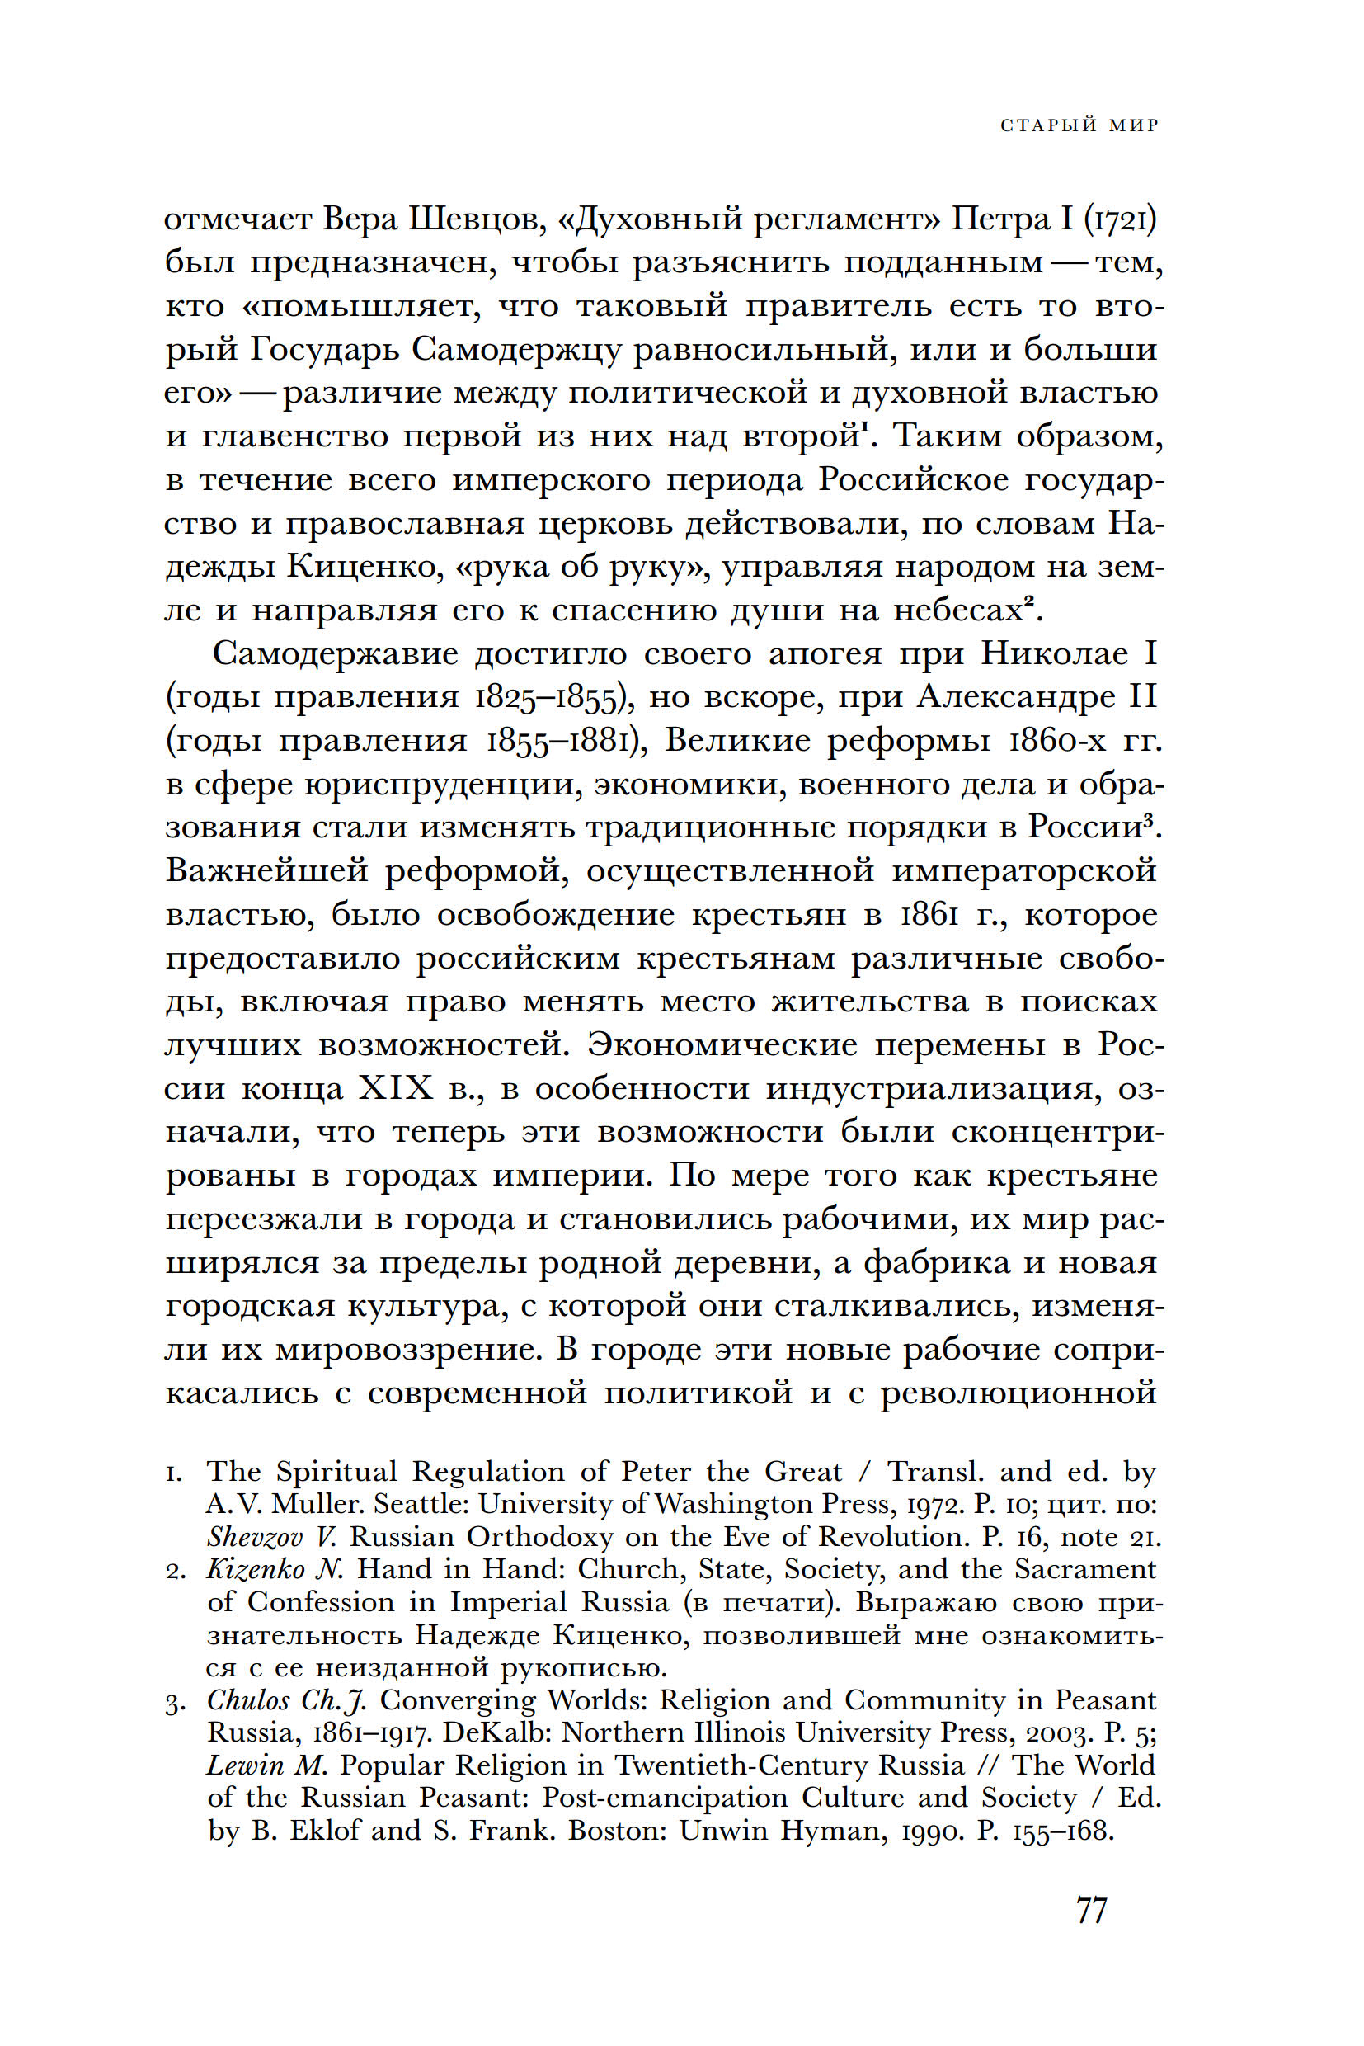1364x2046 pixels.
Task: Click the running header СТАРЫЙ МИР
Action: pyautogui.click(x=1079, y=125)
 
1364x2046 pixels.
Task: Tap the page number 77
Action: pyautogui.click(x=1091, y=1910)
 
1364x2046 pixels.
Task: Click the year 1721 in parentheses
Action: pyautogui.click(x=1121, y=219)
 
